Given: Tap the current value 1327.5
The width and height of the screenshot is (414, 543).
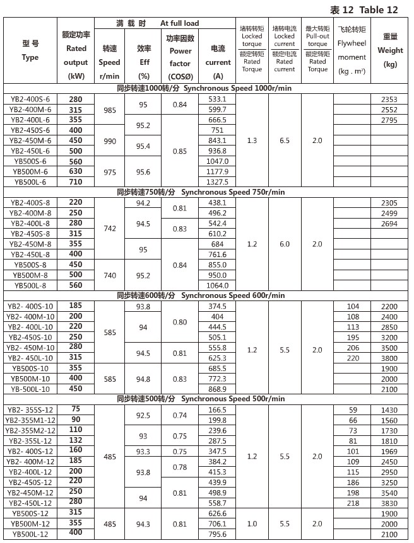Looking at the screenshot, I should (x=216, y=181).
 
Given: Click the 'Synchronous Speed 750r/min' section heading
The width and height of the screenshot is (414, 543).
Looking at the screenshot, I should (x=201, y=191).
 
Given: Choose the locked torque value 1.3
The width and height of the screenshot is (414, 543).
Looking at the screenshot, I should (x=252, y=140).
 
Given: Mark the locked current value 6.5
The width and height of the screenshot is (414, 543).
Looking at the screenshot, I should (x=285, y=140).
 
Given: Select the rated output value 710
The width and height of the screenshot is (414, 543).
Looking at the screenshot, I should (x=76, y=181).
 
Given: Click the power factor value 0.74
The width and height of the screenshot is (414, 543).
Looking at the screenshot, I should (x=180, y=415).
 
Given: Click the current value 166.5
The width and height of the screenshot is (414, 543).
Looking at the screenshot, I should (x=216, y=409).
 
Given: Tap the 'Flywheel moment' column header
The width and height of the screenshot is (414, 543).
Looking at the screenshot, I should (x=352, y=51).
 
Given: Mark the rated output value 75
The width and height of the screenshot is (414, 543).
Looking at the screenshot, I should (x=76, y=409).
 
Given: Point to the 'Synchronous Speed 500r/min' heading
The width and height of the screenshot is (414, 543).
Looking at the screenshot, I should (x=201, y=399).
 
